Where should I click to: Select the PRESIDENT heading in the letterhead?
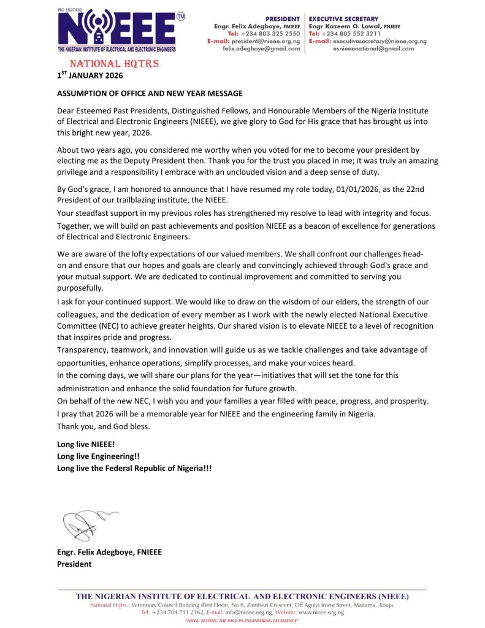(x=283, y=19)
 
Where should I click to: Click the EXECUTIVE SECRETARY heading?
(x=344, y=19)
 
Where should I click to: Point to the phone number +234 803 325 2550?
(x=270, y=34)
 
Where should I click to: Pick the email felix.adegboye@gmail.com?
(x=261, y=48)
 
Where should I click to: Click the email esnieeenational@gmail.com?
(x=373, y=48)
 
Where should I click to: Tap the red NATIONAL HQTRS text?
(x=105, y=64)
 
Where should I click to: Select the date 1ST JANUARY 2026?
(x=90, y=76)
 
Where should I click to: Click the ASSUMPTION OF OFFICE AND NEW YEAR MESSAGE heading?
(x=150, y=93)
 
